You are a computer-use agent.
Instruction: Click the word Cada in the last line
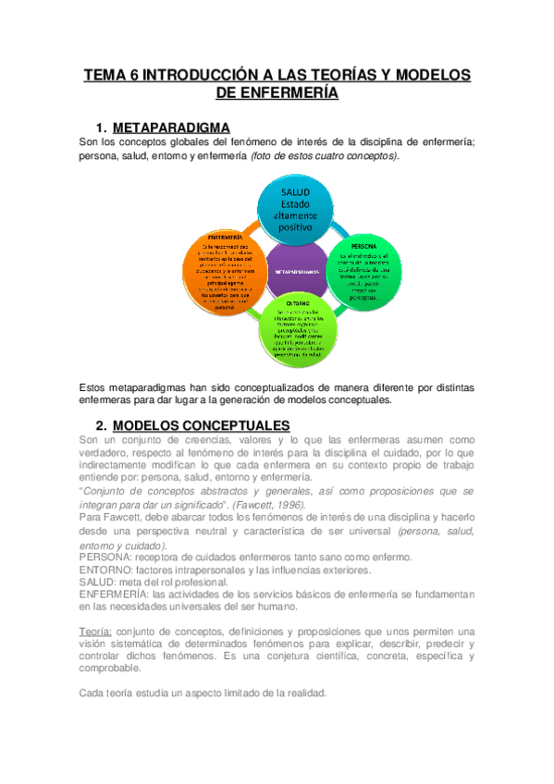(92, 694)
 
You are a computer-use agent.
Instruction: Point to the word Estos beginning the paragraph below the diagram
(96, 387)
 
